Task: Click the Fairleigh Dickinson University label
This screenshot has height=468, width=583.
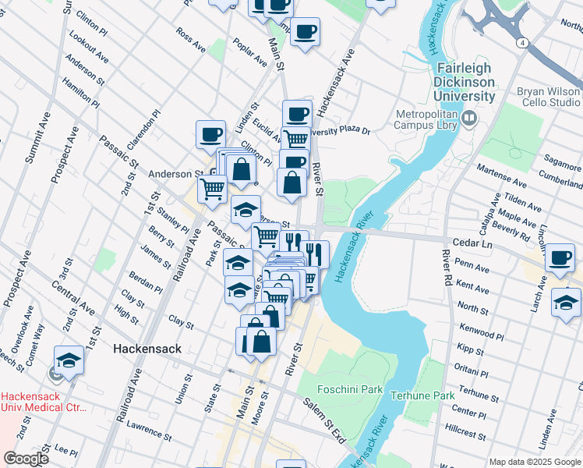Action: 466,82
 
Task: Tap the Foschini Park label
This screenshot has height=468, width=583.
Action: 350,389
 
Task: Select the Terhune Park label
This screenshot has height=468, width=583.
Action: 422,395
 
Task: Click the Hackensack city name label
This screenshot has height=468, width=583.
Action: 147,349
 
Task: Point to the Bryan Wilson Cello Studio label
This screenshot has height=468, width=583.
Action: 549,97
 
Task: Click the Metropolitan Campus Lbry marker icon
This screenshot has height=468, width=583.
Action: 468,119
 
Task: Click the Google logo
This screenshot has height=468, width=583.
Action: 26,459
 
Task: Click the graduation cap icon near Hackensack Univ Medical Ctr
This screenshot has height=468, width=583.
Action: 69,360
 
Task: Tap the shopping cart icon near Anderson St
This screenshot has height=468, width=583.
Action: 211,188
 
